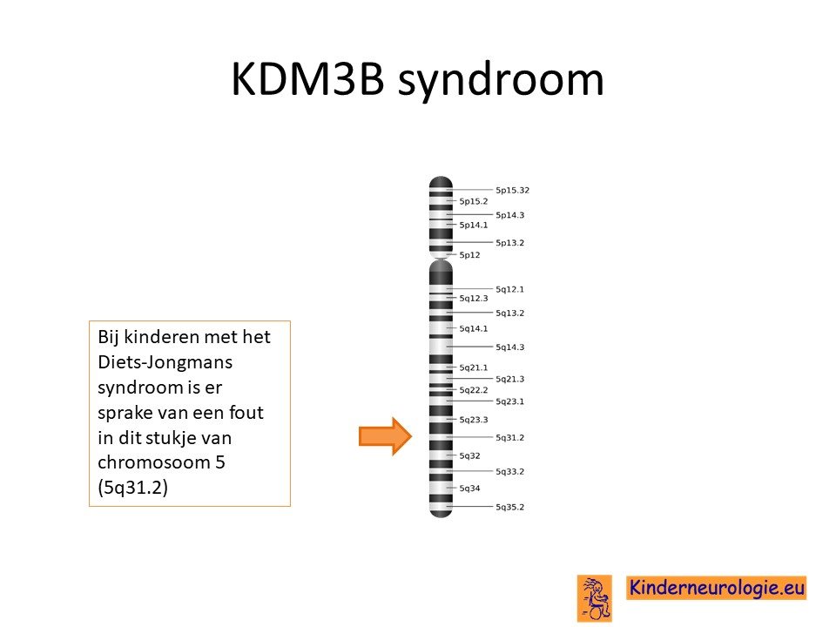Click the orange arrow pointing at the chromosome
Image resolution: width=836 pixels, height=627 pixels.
click(x=385, y=436)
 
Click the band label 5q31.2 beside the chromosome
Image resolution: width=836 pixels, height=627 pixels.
click(x=509, y=438)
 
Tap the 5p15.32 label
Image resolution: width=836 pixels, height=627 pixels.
click(x=512, y=191)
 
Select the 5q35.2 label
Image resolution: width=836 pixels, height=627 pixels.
click(x=509, y=507)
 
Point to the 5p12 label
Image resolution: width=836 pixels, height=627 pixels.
click(x=469, y=255)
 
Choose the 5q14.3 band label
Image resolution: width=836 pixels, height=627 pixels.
click(x=509, y=347)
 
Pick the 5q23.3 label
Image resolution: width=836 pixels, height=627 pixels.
click(x=474, y=420)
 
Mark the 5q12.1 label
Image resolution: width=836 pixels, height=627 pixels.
click(x=509, y=289)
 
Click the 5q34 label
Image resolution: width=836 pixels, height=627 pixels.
click(x=469, y=489)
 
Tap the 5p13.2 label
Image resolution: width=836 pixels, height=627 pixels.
click(x=509, y=243)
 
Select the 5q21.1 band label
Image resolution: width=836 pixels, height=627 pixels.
click(x=474, y=367)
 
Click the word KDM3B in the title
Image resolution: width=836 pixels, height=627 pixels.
click(x=307, y=79)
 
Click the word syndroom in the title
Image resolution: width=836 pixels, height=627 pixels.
click(x=501, y=81)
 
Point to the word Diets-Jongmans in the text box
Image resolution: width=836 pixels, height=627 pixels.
click(x=165, y=362)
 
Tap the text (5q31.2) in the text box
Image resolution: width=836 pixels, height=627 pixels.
click(x=132, y=488)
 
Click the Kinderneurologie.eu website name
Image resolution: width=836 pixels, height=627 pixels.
click(x=716, y=588)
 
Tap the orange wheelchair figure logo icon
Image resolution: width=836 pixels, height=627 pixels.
click(x=595, y=598)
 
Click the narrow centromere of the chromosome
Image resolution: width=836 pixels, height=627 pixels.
click(x=441, y=260)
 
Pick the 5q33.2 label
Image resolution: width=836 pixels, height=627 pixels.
click(x=509, y=472)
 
